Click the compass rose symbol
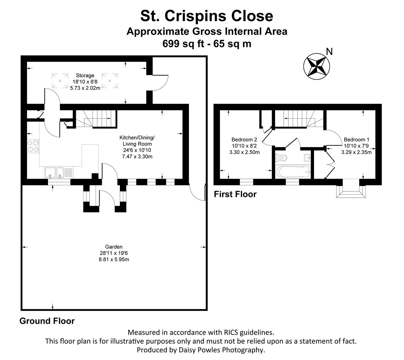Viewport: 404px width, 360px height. (x=316, y=66)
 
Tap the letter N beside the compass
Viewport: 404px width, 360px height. (x=329, y=52)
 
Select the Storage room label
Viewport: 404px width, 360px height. (x=85, y=75)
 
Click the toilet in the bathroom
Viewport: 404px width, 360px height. (x=281, y=158)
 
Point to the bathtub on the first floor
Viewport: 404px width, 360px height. (x=293, y=172)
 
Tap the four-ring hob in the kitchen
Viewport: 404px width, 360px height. (x=33, y=146)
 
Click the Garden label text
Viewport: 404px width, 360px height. (x=114, y=247)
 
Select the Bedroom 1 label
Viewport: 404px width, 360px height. (x=356, y=139)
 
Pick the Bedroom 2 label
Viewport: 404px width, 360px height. (x=244, y=139)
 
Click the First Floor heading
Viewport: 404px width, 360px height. (x=235, y=194)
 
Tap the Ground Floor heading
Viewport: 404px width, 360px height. (x=47, y=321)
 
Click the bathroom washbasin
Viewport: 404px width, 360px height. (x=307, y=158)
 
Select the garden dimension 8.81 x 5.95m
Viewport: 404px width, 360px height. (x=114, y=259)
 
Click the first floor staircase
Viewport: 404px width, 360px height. (x=299, y=119)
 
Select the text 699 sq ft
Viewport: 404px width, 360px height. (x=183, y=44)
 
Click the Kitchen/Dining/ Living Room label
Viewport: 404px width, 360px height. (x=137, y=140)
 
